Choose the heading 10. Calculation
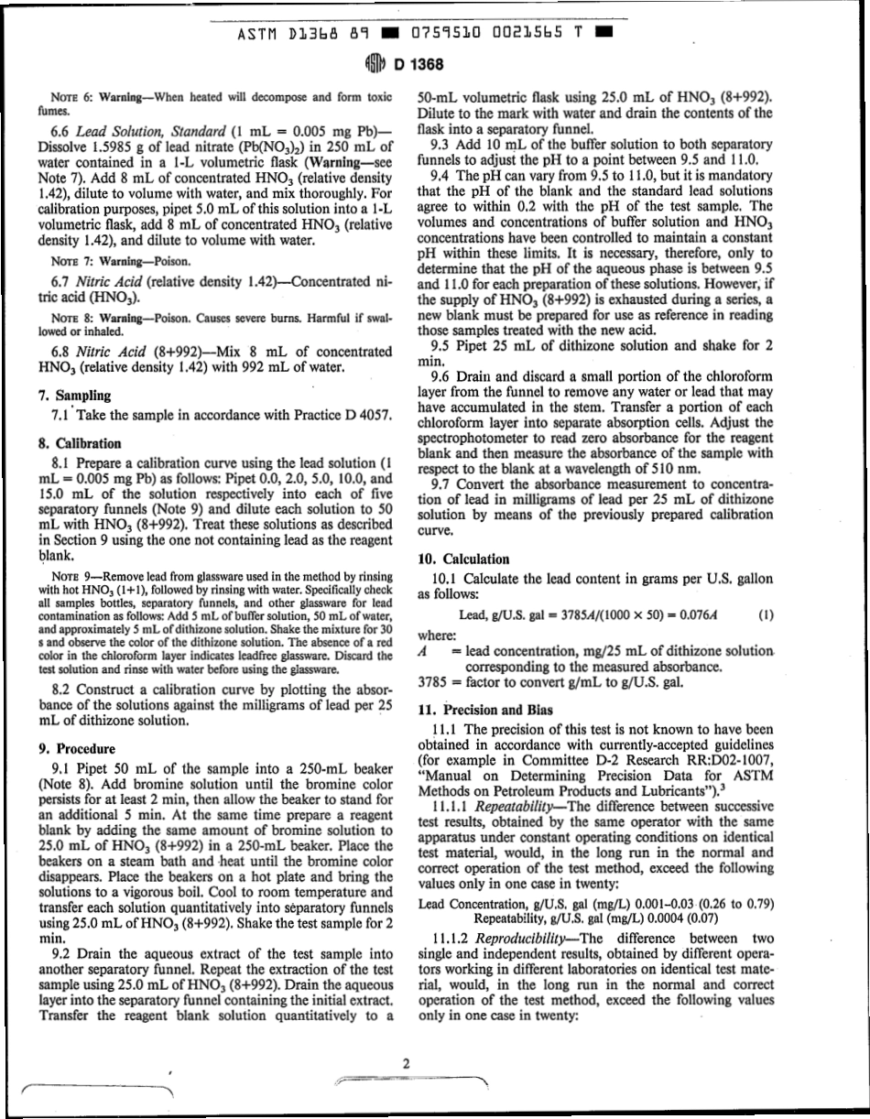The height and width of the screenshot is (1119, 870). point(463,559)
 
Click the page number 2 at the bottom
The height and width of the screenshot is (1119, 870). point(405,1063)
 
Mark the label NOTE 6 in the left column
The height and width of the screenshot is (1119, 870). point(68,96)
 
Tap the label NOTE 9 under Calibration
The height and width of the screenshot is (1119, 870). point(68,577)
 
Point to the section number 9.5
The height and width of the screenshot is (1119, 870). point(441,347)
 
